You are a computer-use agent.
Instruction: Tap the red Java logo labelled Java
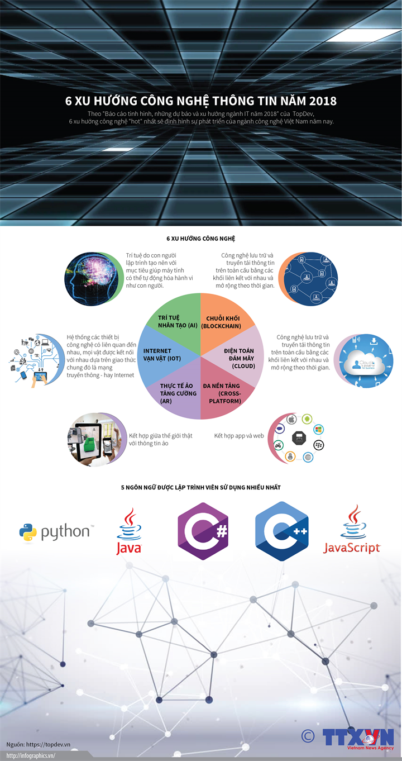tap(129, 531)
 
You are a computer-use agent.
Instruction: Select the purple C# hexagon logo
tap(203, 531)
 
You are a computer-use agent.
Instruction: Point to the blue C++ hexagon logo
tap(282, 531)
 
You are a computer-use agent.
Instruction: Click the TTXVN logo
tap(358, 737)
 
